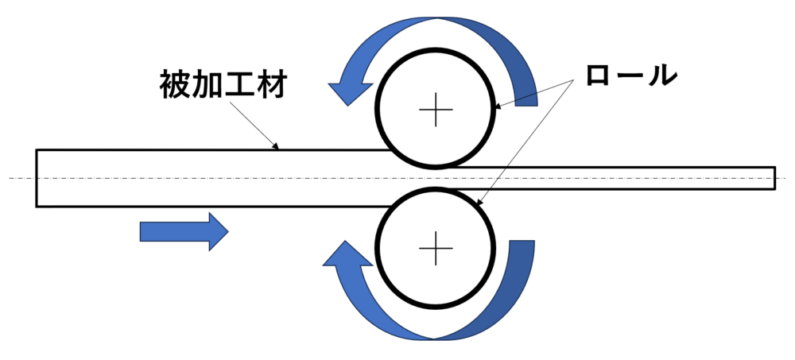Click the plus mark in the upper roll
435,109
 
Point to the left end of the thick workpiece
37,178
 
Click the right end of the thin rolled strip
774,178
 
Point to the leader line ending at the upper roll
533,92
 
